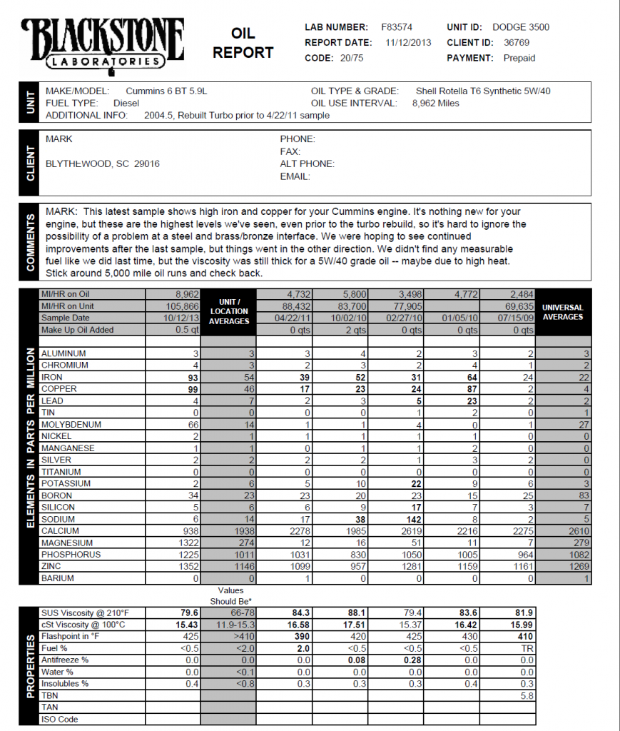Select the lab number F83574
pos(396,27)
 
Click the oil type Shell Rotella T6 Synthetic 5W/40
pos(483,91)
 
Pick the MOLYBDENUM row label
pos(71,425)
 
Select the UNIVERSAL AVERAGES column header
pos(563,312)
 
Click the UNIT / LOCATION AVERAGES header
pos(229,312)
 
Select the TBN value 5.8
pos(527,696)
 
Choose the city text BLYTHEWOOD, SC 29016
pos(103,163)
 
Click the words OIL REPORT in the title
pos(243,43)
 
